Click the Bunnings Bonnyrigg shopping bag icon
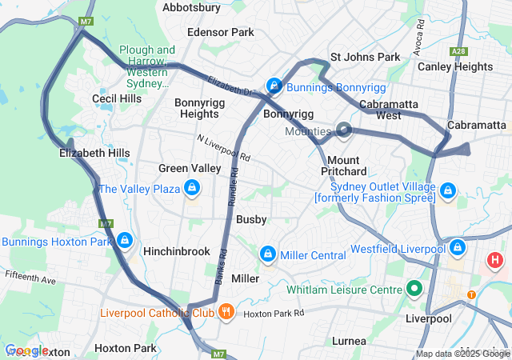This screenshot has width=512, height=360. (x=274, y=85)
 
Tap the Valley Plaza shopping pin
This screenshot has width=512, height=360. (x=191, y=189)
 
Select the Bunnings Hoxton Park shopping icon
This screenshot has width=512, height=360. (x=124, y=240)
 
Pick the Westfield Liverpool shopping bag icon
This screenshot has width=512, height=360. (x=457, y=248)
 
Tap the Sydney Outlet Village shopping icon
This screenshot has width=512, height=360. (x=448, y=191)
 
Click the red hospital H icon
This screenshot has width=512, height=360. (x=495, y=260)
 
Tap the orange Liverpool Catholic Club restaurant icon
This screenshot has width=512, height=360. (x=226, y=311)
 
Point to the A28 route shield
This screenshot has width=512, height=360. (x=458, y=51)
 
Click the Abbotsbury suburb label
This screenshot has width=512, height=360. (x=191, y=7)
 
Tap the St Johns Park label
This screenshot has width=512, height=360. (x=365, y=58)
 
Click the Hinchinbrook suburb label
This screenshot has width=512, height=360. (x=176, y=251)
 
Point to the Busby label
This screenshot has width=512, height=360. (x=251, y=219)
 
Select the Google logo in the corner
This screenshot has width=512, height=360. (x=26, y=350)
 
